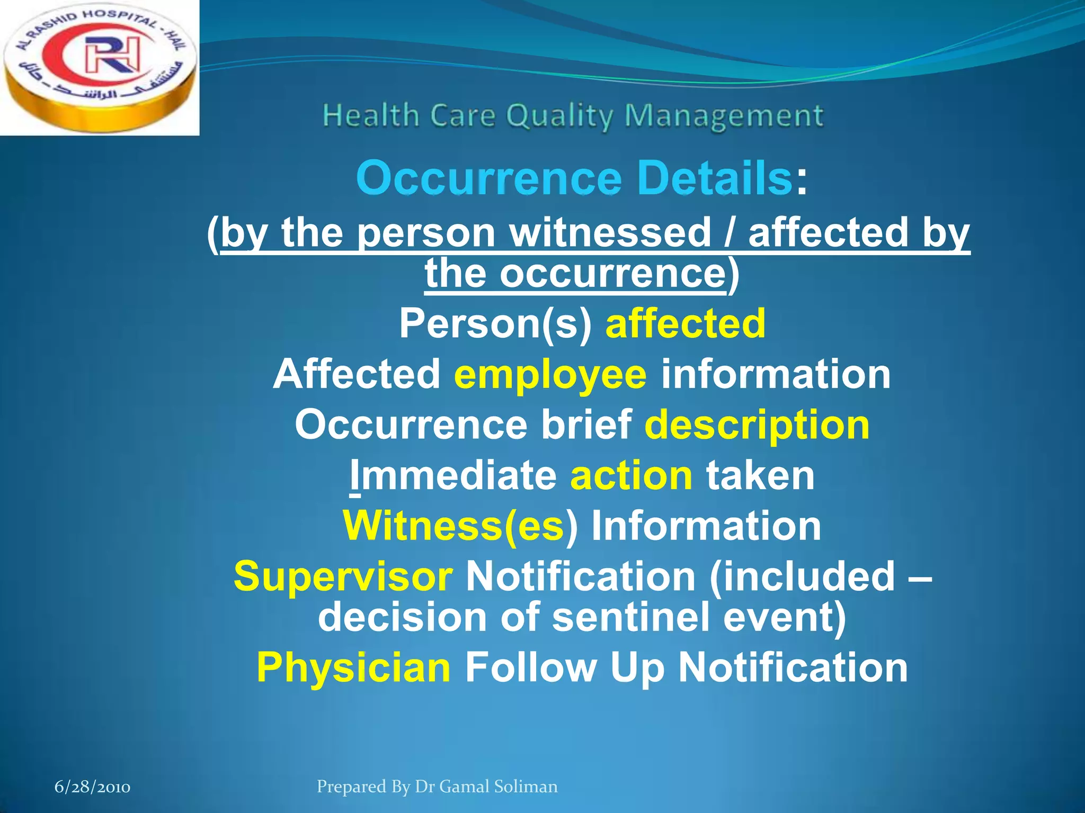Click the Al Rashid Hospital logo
[99, 68]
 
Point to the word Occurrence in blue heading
[488, 178]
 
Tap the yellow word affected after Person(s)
[685, 323]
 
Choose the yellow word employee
[550, 374]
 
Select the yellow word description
[757, 424]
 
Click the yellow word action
[631, 475]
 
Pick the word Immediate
[453, 475]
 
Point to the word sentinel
[630, 617]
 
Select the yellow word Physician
[353, 667]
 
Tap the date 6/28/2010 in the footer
[92, 787]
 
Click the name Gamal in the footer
[465, 787]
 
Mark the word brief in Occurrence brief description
[585, 424]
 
